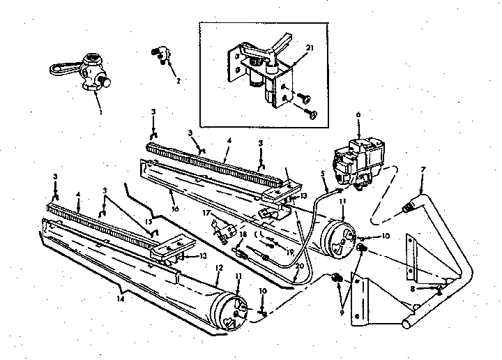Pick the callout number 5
click(323, 174)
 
